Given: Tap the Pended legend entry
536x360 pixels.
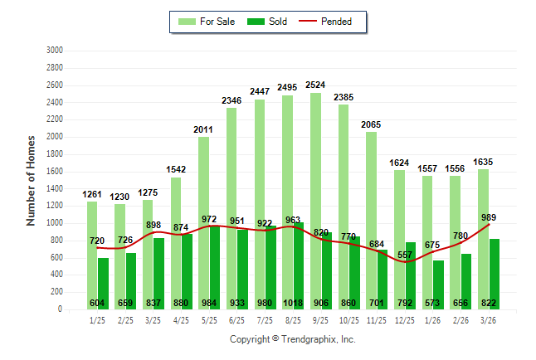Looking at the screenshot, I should pos(332,22).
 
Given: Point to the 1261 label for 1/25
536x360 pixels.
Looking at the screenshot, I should pos(92,195).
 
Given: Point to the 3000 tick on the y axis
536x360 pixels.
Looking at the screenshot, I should pos(55,50).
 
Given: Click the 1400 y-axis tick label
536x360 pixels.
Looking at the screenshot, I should pos(55,188).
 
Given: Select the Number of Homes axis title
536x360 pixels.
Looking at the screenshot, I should pos(31,180).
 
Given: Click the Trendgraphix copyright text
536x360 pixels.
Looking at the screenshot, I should pos(292,339).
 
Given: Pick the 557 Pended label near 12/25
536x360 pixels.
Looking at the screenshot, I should pos(404,253).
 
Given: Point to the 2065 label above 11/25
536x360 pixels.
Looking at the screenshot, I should pos(371,124).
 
